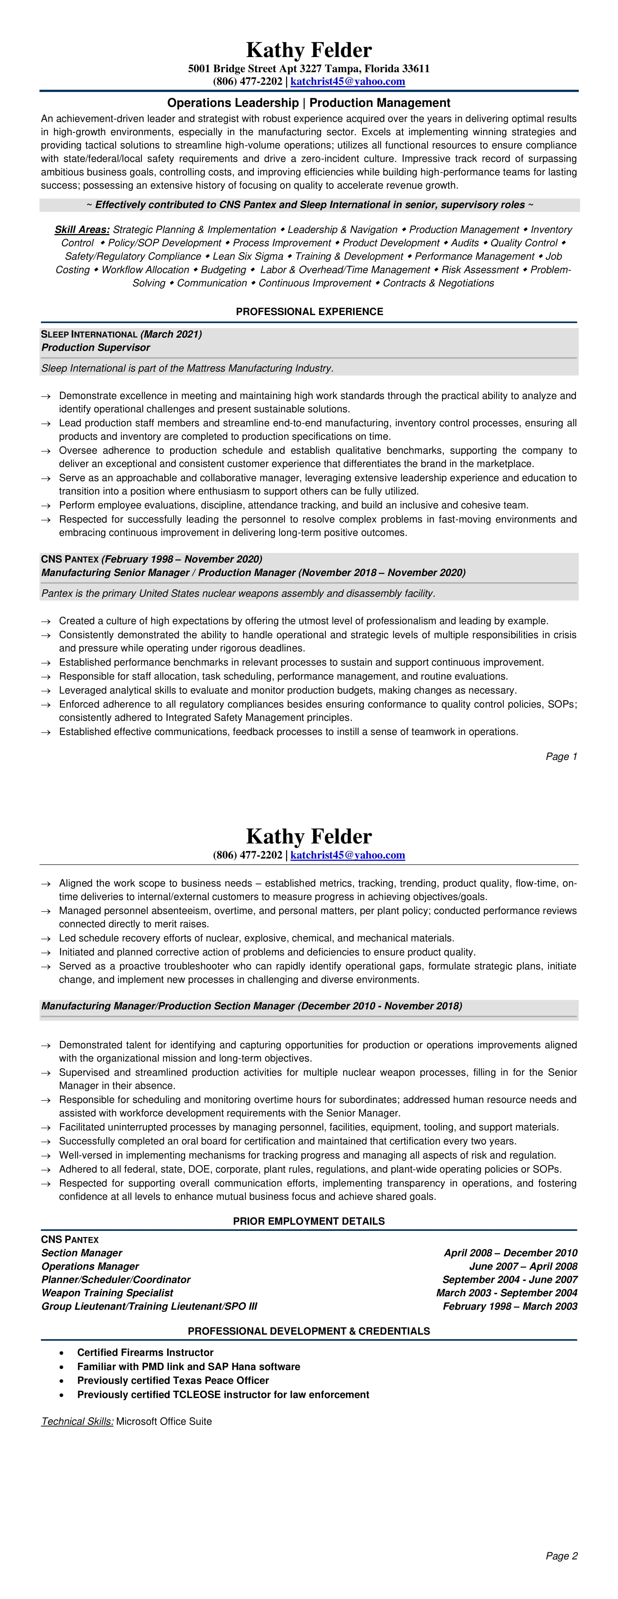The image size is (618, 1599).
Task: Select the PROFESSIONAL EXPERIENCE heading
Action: (309, 311)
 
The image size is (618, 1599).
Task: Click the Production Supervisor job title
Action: (96, 348)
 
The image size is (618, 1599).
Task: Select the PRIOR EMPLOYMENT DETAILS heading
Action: (309, 1221)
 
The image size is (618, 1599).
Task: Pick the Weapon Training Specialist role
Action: (107, 1293)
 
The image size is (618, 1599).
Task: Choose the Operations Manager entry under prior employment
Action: (90, 1266)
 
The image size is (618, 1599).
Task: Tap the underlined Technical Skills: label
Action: (77, 1421)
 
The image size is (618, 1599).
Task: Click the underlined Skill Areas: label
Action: (82, 230)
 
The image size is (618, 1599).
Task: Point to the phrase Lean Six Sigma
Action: (248, 256)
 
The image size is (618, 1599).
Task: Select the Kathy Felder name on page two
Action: (309, 836)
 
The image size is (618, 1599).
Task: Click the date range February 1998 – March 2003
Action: (509, 1306)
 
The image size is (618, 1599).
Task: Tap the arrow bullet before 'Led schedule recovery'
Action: (45, 939)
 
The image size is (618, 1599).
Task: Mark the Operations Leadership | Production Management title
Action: (309, 103)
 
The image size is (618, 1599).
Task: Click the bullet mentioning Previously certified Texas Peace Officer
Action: (173, 1381)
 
